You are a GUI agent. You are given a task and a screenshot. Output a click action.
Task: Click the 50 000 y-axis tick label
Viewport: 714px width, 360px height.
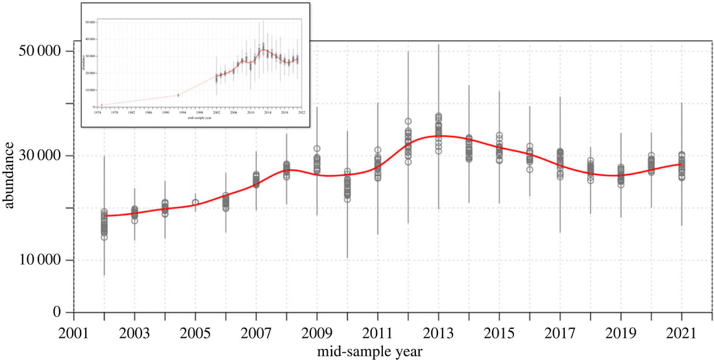pyautogui.click(x=38, y=51)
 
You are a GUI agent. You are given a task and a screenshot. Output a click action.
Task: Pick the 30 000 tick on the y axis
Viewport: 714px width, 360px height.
pyautogui.click(x=38, y=156)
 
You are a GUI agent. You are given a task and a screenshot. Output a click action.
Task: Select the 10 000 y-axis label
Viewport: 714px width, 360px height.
pyautogui.click(x=38, y=260)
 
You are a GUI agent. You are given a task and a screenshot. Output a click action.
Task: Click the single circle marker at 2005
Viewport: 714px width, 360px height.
pyautogui.click(x=195, y=203)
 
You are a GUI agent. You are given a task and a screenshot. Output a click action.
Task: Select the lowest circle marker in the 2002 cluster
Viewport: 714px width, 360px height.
pyautogui.click(x=104, y=237)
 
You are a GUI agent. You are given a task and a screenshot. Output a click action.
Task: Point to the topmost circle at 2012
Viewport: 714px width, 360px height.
pyautogui.click(x=408, y=121)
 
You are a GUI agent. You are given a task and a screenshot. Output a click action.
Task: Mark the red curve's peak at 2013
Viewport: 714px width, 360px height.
pyautogui.click(x=439, y=136)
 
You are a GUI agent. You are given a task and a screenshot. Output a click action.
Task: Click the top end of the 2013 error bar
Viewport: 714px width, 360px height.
pyautogui.click(x=439, y=45)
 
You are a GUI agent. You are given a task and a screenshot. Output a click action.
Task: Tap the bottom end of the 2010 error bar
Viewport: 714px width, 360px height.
pyautogui.click(x=347, y=258)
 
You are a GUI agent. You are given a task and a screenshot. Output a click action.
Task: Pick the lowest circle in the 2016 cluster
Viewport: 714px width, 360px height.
pyautogui.click(x=530, y=169)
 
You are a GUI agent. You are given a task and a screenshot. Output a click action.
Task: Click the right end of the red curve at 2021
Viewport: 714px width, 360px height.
pyautogui.click(x=682, y=163)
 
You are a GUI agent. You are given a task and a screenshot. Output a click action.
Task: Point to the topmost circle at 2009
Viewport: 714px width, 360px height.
pyautogui.click(x=317, y=149)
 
